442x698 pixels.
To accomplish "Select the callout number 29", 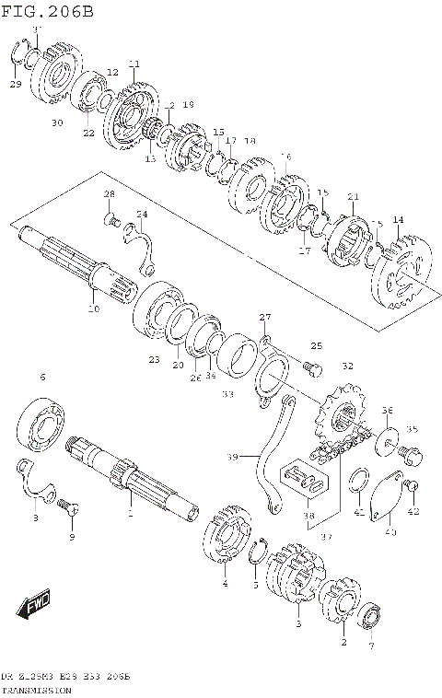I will pos(15,85).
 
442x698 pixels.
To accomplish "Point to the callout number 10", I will pos(92,308).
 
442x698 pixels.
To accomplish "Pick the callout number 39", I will pos(231,457).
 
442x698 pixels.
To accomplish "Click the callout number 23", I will pos(154,359).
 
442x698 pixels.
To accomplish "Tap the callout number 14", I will pos(398,219).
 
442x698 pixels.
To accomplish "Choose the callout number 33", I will pos(227,393).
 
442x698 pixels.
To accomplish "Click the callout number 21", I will pos(353,196).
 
